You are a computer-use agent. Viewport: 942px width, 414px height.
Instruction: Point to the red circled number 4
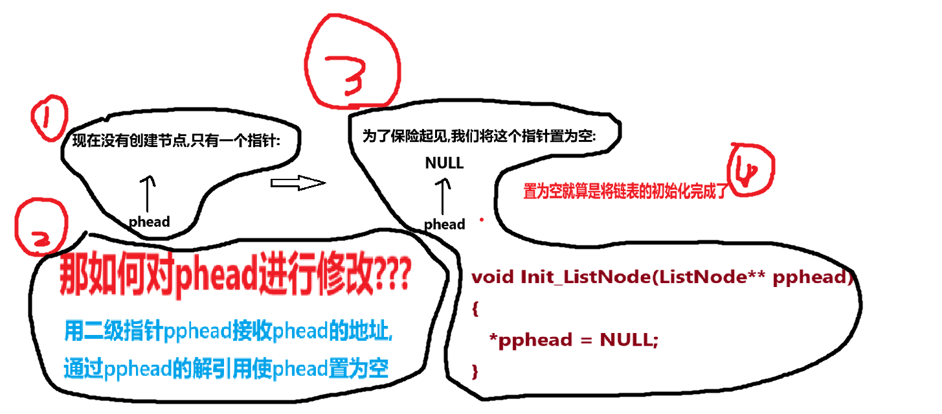coord(752,171)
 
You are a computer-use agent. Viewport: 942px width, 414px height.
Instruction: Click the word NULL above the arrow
coord(444,163)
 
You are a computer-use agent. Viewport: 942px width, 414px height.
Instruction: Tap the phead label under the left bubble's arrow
coord(149,222)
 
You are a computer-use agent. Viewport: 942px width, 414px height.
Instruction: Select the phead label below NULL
coord(444,224)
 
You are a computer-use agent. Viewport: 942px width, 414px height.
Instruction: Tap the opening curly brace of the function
coord(475,309)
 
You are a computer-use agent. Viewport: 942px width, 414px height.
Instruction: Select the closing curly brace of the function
coord(475,371)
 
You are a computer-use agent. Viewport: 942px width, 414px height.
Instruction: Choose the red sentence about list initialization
coord(625,190)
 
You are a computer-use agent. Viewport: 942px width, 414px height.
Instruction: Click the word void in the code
coord(493,277)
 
